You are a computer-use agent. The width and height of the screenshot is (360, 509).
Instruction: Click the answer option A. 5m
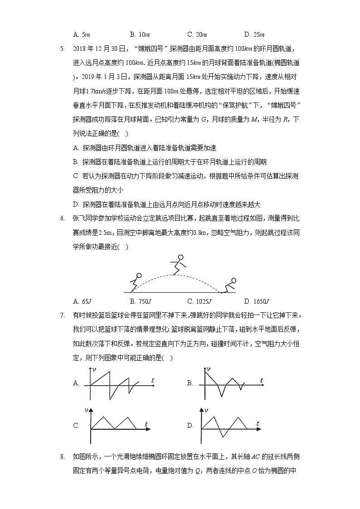(x=81, y=34)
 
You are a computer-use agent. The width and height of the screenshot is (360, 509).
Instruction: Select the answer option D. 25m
(x=254, y=34)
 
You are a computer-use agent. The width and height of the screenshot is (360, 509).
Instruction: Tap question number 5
(x=63, y=48)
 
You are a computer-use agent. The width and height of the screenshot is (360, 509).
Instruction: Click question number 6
(x=63, y=218)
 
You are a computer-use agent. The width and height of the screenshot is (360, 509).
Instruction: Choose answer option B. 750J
(x=140, y=301)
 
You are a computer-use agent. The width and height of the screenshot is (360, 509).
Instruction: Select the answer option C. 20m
(x=197, y=34)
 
